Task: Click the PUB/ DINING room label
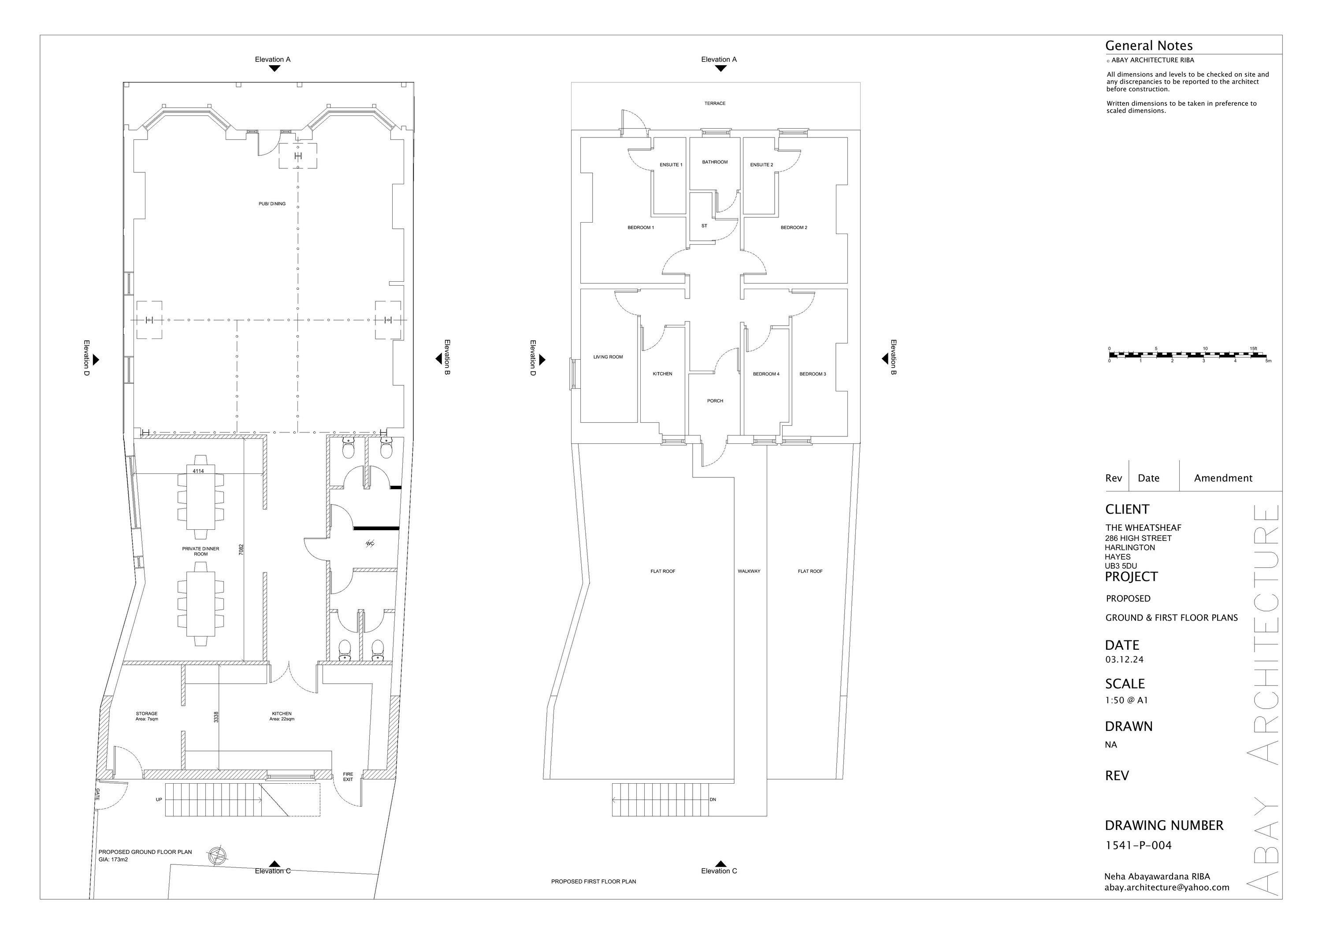(x=272, y=204)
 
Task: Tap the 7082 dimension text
(x=241, y=549)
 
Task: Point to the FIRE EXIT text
(x=348, y=777)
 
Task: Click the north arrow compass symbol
(x=218, y=856)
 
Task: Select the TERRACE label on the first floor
(x=715, y=104)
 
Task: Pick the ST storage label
(x=704, y=226)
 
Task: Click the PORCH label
(x=715, y=401)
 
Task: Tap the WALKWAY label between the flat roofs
(x=749, y=571)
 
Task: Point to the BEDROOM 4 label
(x=766, y=374)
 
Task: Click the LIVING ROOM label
(x=608, y=357)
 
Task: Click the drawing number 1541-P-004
(x=1138, y=845)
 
